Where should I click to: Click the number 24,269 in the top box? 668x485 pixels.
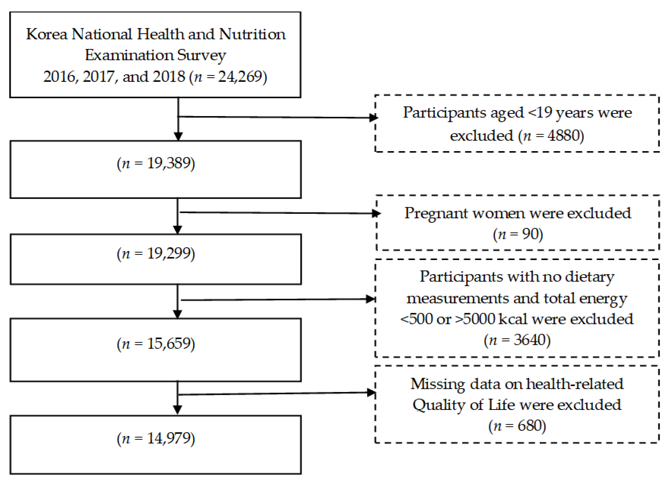click(x=240, y=77)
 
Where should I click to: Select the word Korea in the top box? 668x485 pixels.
click(x=47, y=35)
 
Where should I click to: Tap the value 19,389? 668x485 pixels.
click(x=169, y=163)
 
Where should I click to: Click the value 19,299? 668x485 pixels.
click(x=169, y=253)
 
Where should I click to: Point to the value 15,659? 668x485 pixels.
click(x=169, y=344)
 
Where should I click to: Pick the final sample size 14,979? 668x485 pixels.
click(x=169, y=438)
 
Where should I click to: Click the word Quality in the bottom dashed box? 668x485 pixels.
click(x=431, y=405)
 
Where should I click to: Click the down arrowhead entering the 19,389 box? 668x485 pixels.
click(x=178, y=136)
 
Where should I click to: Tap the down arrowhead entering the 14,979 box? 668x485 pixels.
click(x=177, y=409)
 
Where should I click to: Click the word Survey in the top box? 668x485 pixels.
click(x=201, y=56)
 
